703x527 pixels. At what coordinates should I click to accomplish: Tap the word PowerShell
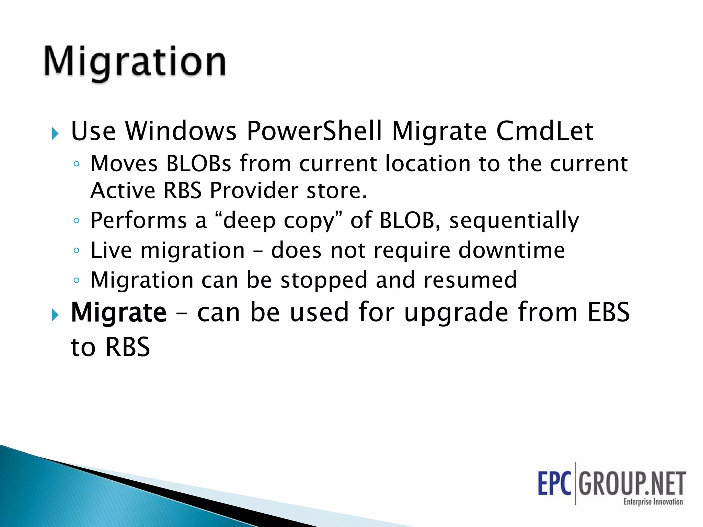coord(314,131)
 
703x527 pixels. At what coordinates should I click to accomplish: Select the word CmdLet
coord(545,131)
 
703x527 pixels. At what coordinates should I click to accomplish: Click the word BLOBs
coord(199,163)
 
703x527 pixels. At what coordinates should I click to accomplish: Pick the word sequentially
coord(514,221)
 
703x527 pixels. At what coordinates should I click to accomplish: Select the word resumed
coord(470,280)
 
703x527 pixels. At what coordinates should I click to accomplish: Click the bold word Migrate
coord(118,313)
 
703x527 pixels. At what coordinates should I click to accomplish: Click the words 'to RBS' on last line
coord(111,347)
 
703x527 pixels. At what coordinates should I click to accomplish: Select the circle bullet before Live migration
coord(76,250)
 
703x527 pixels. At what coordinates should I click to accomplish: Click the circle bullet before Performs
coord(76,221)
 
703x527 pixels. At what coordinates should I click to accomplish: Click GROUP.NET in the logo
coord(632,483)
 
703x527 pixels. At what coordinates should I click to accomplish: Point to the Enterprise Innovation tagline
coord(653,502)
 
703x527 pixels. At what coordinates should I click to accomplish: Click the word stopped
coord(324,280)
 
